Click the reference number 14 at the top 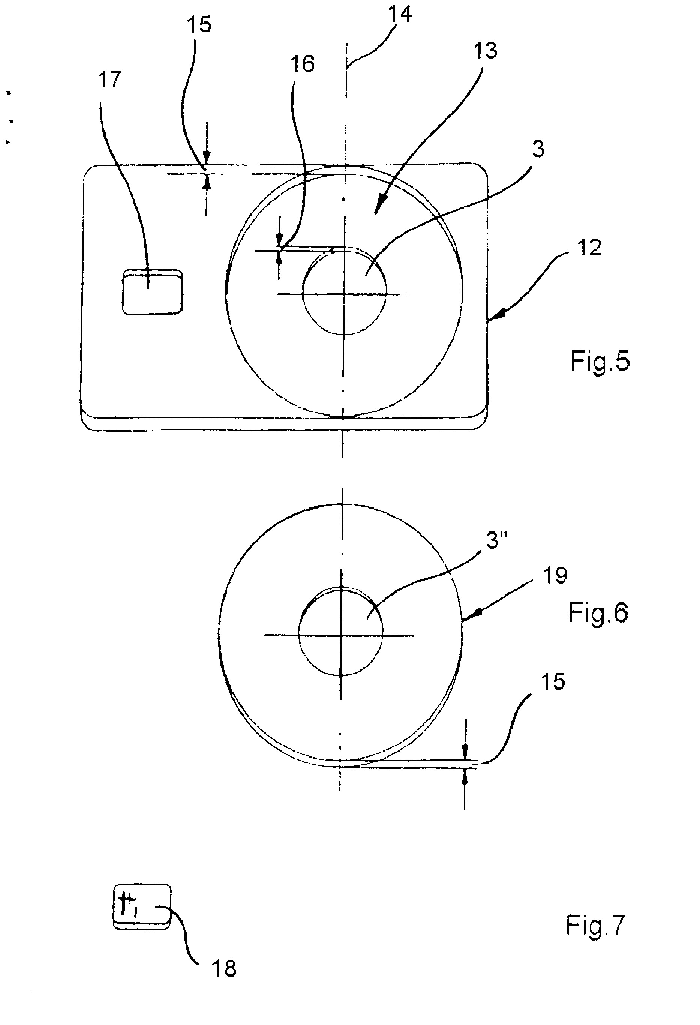point(400,15)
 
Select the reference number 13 point(485,50)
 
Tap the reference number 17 point(110,80)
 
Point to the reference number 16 point(303,64)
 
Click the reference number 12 point(589,248)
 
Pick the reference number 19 point(555,576)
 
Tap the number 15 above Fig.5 point(199,24)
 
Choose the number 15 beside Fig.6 point(553,681)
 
